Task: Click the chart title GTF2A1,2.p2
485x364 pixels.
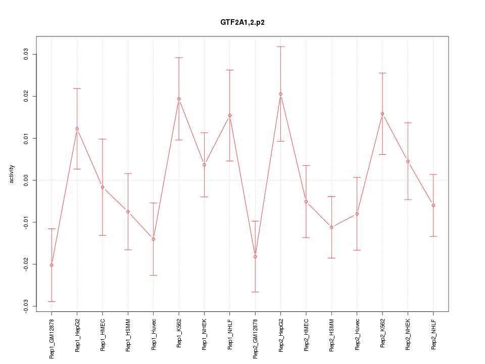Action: [x=243, y=23]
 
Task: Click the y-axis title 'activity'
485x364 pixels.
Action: [x=12, y=174]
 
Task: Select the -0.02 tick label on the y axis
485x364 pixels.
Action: [x=26, y=264]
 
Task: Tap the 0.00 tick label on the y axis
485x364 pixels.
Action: [x=26, y=180]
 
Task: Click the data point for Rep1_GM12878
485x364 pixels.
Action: [x=52, y=265]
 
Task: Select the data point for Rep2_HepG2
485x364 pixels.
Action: [x=280, y=94]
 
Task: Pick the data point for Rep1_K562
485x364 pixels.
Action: [x=179, y=99]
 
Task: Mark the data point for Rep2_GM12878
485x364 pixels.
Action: [x=255, y=257]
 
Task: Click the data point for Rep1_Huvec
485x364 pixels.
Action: [x=153, y=239]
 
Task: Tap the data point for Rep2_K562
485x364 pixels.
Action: [x=382, y=114]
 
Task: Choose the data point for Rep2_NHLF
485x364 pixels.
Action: [x=433, y=205]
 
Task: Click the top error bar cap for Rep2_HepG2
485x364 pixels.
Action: [x=280, y=47]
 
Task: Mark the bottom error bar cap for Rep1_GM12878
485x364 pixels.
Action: [x=52, y=301]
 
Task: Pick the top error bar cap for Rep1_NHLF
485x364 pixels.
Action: [x=229, y=70]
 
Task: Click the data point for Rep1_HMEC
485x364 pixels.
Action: [x=103, y=187]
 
